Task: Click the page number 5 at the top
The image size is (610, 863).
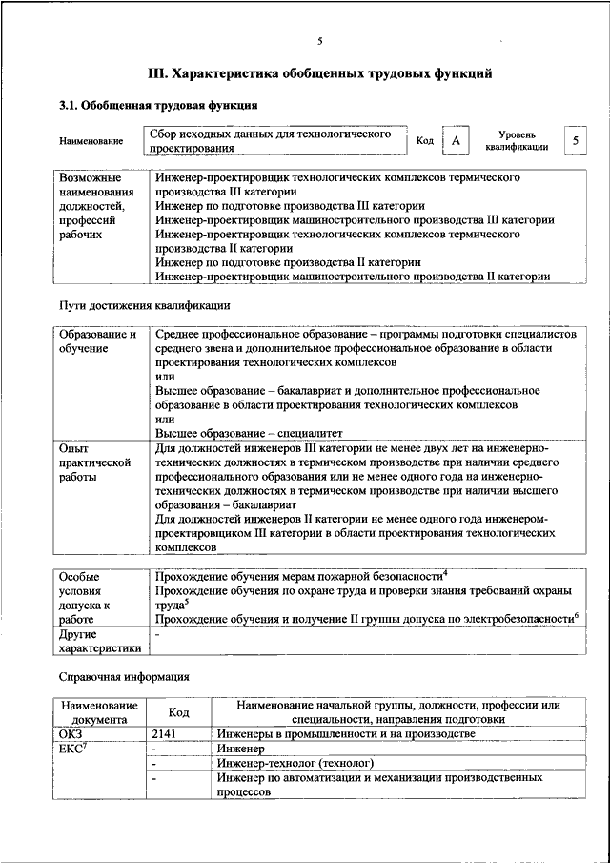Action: pyautogui.click(x=320, y=40)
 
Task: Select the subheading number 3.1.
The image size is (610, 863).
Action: pyautogui.click(x=69, y=105)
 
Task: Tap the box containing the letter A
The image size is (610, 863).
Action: pyautogui.click(x=457, y=141)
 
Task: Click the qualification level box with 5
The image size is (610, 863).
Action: pyautogui.click(x=575, y=141)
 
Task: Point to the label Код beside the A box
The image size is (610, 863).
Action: pyautogui.click(x=425, y=141)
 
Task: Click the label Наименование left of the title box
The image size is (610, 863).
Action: pyautogui.click(x=91, y=142)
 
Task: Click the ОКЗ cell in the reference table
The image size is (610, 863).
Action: pyautogui.click(x=71, y=733)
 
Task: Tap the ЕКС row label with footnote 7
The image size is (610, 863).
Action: pyautogui.click(x=72, y=749)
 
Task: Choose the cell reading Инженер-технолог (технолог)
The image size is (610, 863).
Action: pyautogui.click(x=294, y=764)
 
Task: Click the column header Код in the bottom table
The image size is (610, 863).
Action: pyautogui.click(x=178, y=712)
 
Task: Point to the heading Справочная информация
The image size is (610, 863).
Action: pyautogui.click(x=124, y=676)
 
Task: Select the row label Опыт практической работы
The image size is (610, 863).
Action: pyautogui.click(x=94, y=462)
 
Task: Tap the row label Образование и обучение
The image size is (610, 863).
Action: pyautogui.click(x=97, y=342)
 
